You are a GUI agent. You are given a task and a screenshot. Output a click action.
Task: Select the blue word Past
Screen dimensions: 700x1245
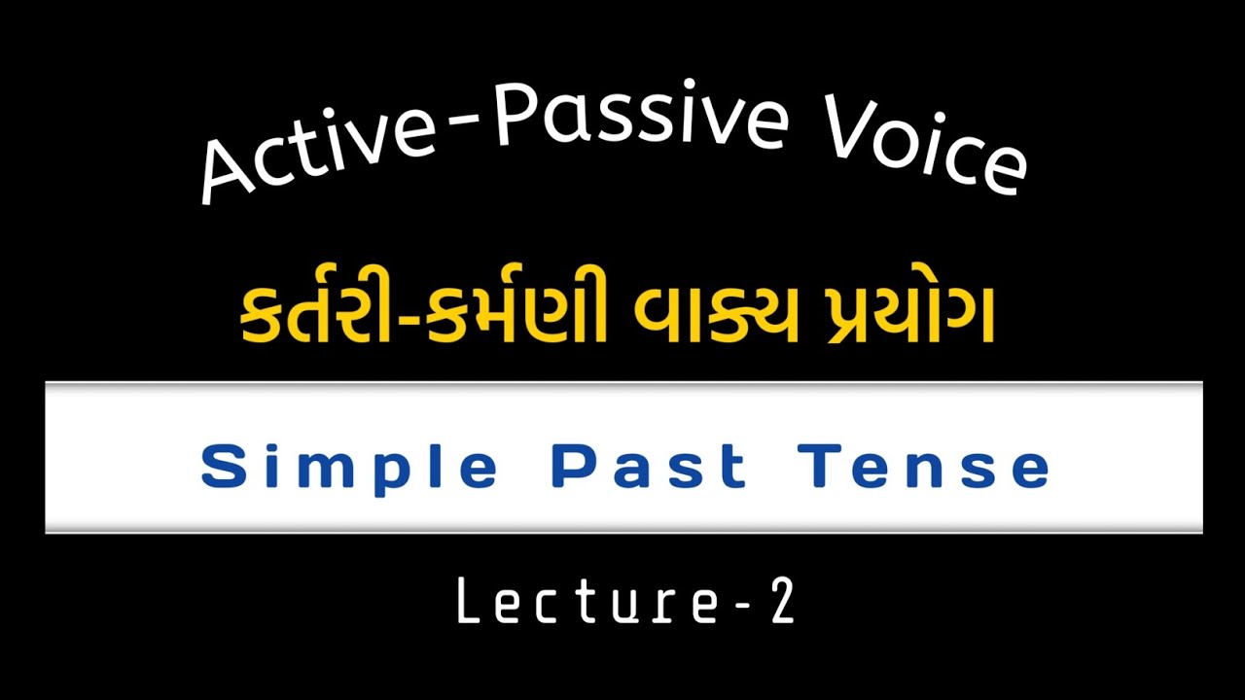(649, 466)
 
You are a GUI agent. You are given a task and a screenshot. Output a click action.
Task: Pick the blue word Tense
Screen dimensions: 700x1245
(925, 466)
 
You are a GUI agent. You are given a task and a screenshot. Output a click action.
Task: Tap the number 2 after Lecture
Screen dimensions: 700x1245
(781, 603)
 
